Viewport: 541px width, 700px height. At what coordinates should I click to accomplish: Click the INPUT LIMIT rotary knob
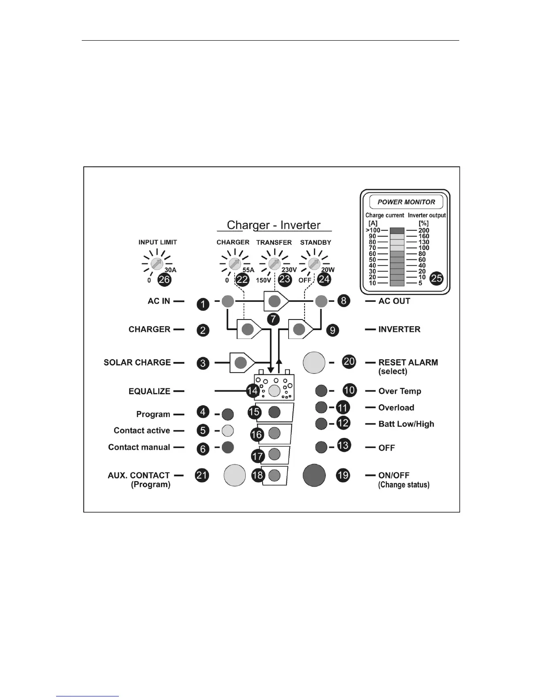point(156,264)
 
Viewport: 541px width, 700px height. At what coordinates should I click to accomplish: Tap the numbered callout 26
point(164,279)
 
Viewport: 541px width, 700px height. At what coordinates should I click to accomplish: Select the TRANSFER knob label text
point(274,242)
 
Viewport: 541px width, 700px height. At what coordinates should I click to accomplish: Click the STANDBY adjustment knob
point(314,264)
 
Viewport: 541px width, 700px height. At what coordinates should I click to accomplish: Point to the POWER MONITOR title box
point(406,202)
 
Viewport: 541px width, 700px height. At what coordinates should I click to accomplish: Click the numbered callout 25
point(436,278)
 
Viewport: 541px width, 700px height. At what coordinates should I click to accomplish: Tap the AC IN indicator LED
point(228,301)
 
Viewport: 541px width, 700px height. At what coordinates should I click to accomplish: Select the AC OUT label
point(394,301)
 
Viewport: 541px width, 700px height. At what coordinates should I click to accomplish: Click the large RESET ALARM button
point(314,362)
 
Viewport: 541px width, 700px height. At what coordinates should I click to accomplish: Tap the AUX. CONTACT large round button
point(235,475)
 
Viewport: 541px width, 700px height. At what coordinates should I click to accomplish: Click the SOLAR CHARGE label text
point(137,362)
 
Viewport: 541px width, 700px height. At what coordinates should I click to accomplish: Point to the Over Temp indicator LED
point(321,391)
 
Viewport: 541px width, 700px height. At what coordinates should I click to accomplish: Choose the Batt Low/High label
point(406,424)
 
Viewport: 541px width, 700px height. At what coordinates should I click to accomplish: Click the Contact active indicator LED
point(228,430)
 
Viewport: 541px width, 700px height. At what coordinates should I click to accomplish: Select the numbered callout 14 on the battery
point(252,391)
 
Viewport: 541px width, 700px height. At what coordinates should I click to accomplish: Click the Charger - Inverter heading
point(274,225)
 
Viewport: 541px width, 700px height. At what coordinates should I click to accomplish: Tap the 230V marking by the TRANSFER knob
point(289,270)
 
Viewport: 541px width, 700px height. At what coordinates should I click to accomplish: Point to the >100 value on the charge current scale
point(373,230)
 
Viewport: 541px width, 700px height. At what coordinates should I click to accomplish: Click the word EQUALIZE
point(149,391)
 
